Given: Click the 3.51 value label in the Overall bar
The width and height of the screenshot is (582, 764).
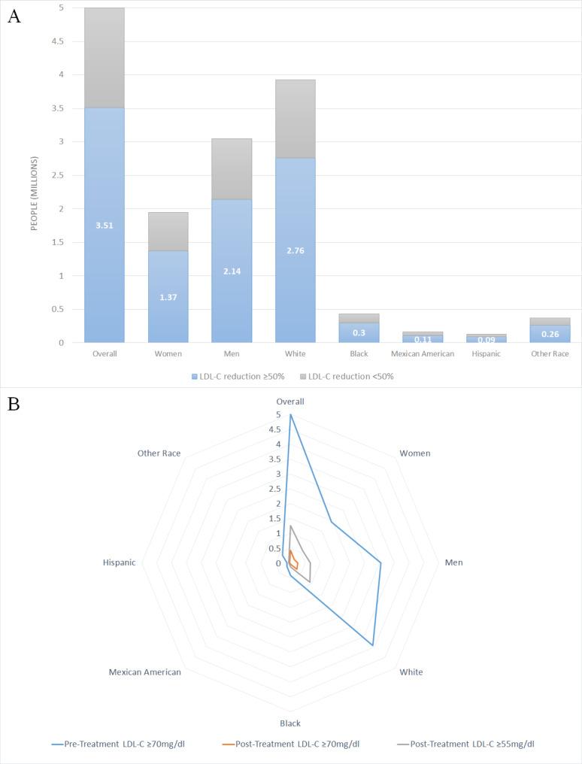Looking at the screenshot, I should click(x=104, y=225).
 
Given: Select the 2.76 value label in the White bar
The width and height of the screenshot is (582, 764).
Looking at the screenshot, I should click(x=295, y=250).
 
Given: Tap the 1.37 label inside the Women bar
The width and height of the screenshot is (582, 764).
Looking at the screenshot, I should click(x=168, y=297).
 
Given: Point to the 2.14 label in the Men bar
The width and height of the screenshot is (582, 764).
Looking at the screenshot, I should click(x=231, y=271).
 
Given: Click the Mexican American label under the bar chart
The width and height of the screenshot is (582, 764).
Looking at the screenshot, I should click(x=422, y=353).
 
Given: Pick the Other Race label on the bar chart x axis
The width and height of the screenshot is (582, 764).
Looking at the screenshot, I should click(x=550, y=353).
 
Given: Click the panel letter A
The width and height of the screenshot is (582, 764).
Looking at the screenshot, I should click(x=14, y=17).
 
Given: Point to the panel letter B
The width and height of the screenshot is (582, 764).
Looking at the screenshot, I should click(x=14, y=404).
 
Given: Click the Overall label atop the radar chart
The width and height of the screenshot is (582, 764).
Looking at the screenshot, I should click(x=289, y=402).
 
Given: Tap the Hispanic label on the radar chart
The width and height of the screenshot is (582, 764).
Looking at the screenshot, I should click(x=119, y=562).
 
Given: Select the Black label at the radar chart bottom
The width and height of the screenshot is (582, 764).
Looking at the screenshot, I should click(x=289, y=723).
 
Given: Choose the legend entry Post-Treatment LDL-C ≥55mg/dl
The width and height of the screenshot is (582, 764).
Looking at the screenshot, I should click(x=466, y=744).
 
